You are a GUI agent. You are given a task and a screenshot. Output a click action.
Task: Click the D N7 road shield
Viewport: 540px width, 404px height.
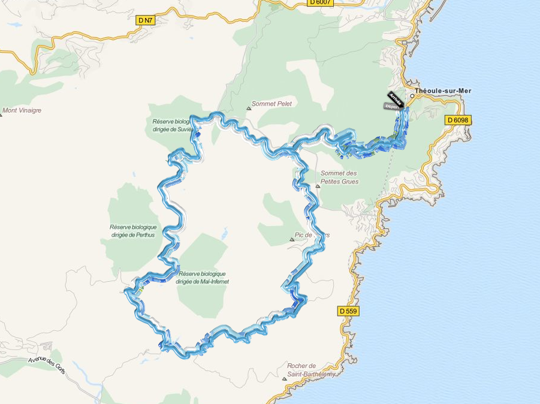pos(146,20)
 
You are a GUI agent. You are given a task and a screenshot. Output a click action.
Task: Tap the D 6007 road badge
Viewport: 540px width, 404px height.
pos(320,2)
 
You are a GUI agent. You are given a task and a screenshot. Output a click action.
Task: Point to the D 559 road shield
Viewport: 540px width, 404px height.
pos(348,311)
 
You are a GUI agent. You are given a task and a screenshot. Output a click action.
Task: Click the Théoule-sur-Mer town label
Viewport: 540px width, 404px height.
pos(444,91)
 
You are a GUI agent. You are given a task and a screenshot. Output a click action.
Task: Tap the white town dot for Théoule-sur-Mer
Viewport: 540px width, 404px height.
pos(412,95)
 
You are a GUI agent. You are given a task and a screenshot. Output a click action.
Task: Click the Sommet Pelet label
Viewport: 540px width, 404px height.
pos(272,104)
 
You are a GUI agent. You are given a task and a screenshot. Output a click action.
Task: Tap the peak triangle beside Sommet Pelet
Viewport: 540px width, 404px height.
pos(249,108)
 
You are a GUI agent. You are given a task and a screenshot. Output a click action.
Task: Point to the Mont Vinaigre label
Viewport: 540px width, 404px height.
pos(22,110)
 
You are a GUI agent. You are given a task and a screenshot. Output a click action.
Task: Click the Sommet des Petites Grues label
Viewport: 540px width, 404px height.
pos(340,177)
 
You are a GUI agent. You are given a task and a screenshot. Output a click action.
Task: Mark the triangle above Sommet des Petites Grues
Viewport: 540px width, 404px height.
pos(318,185)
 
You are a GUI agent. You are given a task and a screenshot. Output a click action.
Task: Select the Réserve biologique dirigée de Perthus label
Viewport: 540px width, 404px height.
pos(133,231)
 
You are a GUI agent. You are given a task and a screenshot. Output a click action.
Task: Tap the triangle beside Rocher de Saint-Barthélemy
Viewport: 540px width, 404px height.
pos(284,379)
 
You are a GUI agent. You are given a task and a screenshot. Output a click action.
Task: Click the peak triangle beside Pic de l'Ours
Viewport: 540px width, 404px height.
pos(292,239)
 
